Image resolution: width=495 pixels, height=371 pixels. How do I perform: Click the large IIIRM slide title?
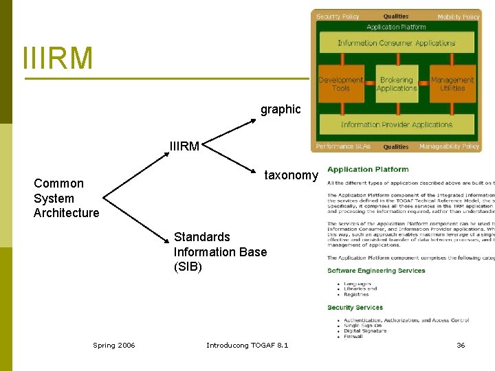click(x=58, y=58)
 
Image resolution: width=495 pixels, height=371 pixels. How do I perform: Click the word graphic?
click(x=280, y=109)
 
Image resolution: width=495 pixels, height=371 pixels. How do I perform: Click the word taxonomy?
click(x=291, y=175)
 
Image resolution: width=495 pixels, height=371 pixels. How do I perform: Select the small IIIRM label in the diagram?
click(x=185, y=146)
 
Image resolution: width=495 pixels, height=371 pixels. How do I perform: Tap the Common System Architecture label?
click(x=67, y=198)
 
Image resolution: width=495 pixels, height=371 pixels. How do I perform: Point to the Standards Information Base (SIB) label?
click(x=220, y=251)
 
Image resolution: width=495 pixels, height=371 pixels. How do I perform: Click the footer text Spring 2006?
click(x=114, y=345)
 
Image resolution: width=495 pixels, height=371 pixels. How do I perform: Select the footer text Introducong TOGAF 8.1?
click(x=247, y=345)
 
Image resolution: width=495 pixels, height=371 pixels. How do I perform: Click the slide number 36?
click(x=461, y=345)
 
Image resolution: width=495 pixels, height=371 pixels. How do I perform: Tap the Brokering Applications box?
click(x=397, y=84)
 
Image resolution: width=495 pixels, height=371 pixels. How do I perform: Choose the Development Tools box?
click(x=341, y=84)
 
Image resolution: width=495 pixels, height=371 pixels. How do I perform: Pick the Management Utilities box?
click(x=452, y=84)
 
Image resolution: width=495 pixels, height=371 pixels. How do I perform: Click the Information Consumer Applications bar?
click(x=397, y=43)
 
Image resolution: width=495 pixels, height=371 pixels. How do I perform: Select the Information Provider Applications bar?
click(x=397, y=124)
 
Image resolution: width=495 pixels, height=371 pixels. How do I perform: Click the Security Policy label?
click(x=338, y=16)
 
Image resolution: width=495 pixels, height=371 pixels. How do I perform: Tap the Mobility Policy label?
click(x=458, y=16)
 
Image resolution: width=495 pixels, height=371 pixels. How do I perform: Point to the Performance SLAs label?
click(x=339, y=146)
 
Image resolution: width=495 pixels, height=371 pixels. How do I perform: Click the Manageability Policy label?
click(x=449, y=146)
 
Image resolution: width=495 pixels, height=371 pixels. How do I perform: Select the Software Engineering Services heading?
click(x=376, y=271)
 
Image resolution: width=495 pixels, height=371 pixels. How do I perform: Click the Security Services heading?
click(x=355, y=308)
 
